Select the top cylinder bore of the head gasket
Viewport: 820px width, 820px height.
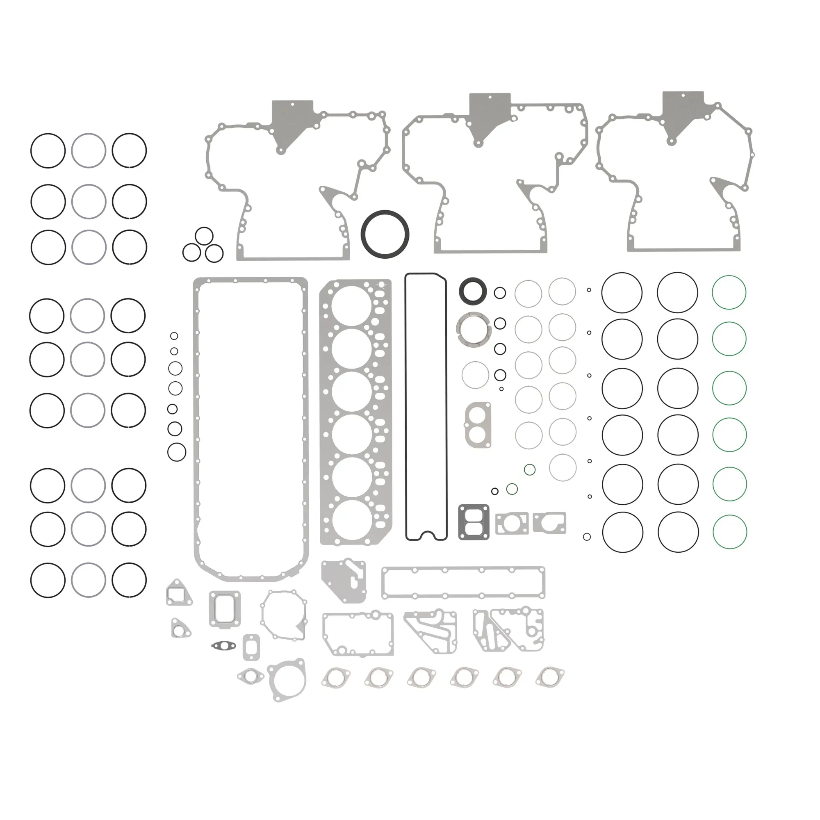[351, 305]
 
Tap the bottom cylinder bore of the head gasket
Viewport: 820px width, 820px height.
[352, 520]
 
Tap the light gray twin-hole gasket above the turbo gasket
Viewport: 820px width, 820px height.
[478, 424]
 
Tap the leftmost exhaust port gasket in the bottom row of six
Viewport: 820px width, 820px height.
[335, 677]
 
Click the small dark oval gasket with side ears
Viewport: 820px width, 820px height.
[223, 646]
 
